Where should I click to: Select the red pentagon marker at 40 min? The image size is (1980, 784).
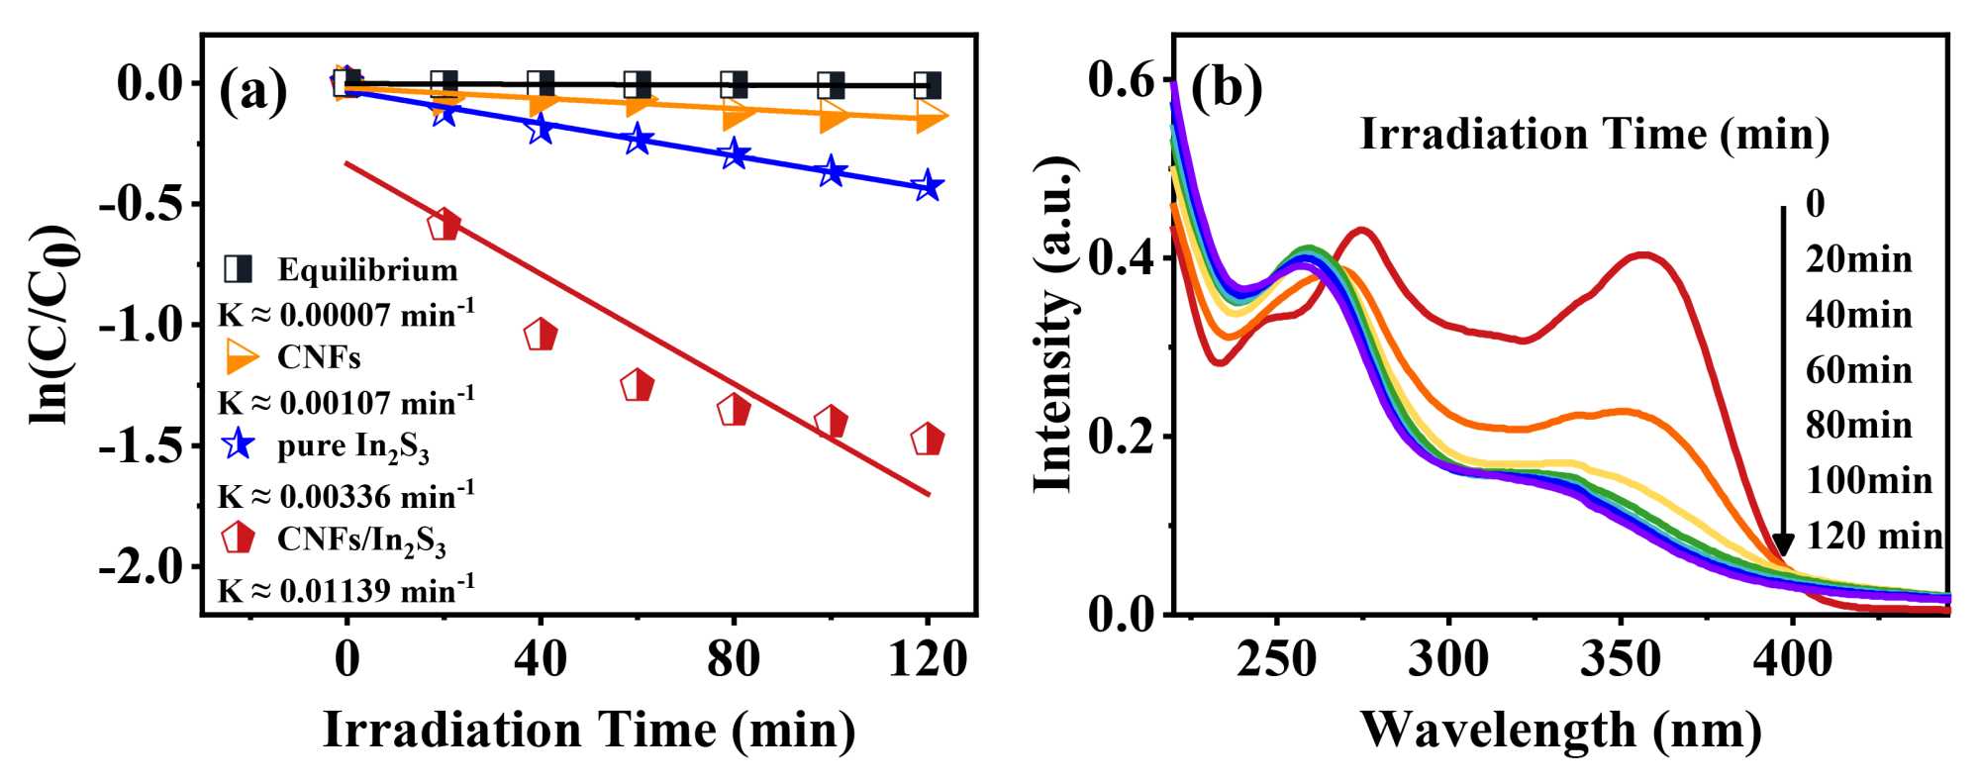click(541, 336)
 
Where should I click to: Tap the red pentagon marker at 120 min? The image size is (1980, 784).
click(928, 439)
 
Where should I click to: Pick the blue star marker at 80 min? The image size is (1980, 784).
click(734, 154)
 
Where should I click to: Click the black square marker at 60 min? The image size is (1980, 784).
click(638, 85)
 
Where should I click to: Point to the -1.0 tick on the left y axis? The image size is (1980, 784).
click(142, 325)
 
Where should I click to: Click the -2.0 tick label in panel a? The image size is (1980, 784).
click(142, 567)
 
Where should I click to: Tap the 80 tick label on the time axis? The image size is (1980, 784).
click(734, 658)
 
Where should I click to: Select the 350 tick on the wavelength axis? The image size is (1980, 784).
click(1621, 658)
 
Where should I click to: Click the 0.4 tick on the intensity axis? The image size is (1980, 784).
click(1122, 258)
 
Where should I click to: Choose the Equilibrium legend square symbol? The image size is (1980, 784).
click(238, 268)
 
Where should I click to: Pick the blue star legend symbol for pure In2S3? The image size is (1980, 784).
click(238, 444)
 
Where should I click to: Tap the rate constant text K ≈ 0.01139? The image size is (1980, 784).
click(346, 591)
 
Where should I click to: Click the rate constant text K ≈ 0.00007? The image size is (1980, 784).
click(346, 315)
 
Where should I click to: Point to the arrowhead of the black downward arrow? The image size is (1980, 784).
click(1783, 545)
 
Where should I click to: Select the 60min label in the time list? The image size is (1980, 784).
click(1858, 370)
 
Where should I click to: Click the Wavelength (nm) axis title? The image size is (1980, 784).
click(1561, 731)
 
